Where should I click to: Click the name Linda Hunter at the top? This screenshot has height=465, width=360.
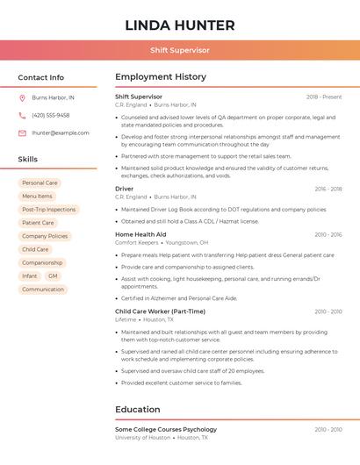179,25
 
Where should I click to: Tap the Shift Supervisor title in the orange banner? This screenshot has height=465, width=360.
179,50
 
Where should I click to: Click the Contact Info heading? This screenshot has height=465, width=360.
40,77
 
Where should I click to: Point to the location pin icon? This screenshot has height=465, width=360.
22,98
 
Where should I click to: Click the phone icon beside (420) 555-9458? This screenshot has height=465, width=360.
22,116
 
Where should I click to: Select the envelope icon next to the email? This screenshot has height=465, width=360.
22,133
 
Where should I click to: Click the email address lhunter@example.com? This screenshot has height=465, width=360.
60,133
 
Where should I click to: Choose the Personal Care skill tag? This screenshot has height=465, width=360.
40,182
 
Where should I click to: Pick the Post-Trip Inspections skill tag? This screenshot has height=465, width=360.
48,210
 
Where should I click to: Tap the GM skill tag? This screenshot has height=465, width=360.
53,275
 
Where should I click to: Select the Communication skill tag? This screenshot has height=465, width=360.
43,289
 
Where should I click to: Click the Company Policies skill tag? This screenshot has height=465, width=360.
45,236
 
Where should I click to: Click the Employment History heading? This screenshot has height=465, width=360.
160,77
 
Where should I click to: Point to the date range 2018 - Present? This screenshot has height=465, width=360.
324,97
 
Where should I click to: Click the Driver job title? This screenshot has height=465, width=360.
124,189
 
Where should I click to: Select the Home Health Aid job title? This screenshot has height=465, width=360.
140,234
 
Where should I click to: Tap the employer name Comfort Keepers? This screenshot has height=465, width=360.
136,242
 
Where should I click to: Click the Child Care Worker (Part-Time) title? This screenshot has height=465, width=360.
160,311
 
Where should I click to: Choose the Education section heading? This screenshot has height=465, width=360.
137,410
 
